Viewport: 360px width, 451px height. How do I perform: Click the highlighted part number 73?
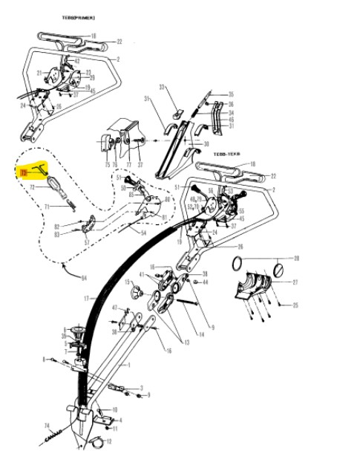pyautogui.click(x=23, y=172)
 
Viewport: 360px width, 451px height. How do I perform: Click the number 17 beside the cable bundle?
pyautogui.click(x=86, y=299)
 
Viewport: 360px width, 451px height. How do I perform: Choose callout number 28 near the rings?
pyautogui.click(x=297, y=259)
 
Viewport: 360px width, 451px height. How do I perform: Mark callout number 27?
pyautogui.click(x=295, y=282)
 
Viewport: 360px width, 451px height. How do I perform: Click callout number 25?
pyautogui.click(x=295, y=305)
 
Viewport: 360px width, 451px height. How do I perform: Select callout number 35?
pyautogui.click(x=231, y=94)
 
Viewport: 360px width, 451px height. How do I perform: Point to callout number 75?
pyautogui.click(x=107, y=164)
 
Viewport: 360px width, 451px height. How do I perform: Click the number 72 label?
pyautogui.click(x=33, y=188)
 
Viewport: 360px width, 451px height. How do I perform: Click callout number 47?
pyautogui.click(x=114, y=307)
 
